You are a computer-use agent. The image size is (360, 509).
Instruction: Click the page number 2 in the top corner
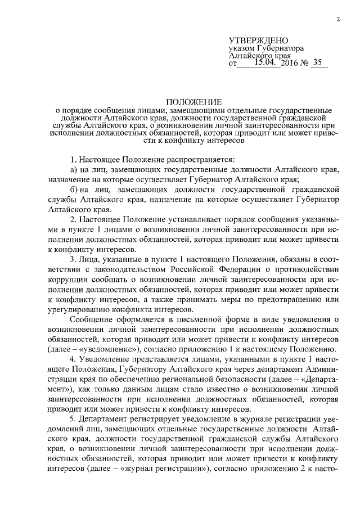338,20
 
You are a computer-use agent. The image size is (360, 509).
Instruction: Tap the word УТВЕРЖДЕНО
258,40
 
